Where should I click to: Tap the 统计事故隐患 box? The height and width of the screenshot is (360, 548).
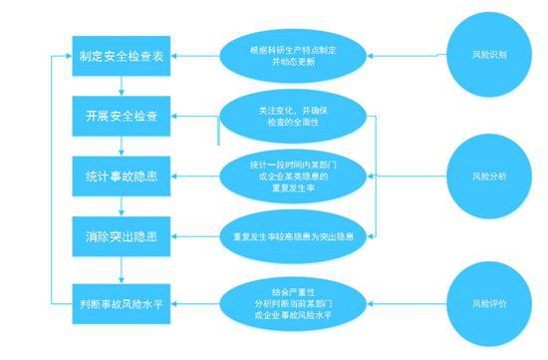[x=121, y=177]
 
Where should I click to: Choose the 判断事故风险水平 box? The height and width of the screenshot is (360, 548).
[x=121, y=299]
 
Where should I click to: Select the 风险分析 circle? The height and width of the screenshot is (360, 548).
[x=489, y=177]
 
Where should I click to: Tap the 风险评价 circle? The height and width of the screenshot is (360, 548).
[x=489, y=300]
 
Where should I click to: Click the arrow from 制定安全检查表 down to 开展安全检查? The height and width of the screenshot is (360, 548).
[x=121, y=84]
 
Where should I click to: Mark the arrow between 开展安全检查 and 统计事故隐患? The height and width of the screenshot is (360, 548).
[x=121, y=146]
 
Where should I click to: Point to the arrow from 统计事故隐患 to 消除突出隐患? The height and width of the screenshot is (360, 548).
[x=121, y=207]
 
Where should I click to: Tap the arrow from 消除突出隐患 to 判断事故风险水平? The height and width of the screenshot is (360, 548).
[x=121, y=269]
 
